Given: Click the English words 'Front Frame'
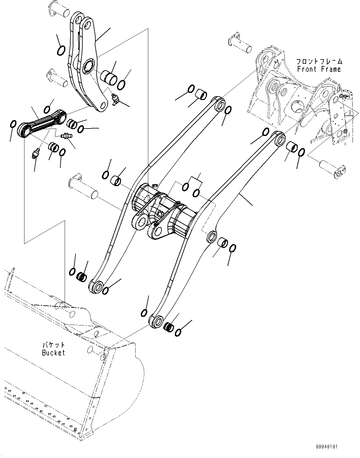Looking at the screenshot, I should click(319, 69).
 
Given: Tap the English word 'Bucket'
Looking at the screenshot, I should click(54, 352).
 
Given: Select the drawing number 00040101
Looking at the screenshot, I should click(327, 447).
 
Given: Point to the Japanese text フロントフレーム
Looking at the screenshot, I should click(319, 61).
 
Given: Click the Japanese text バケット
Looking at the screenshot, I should click(54, 344).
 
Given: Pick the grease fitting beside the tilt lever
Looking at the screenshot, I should click(116, 99).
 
